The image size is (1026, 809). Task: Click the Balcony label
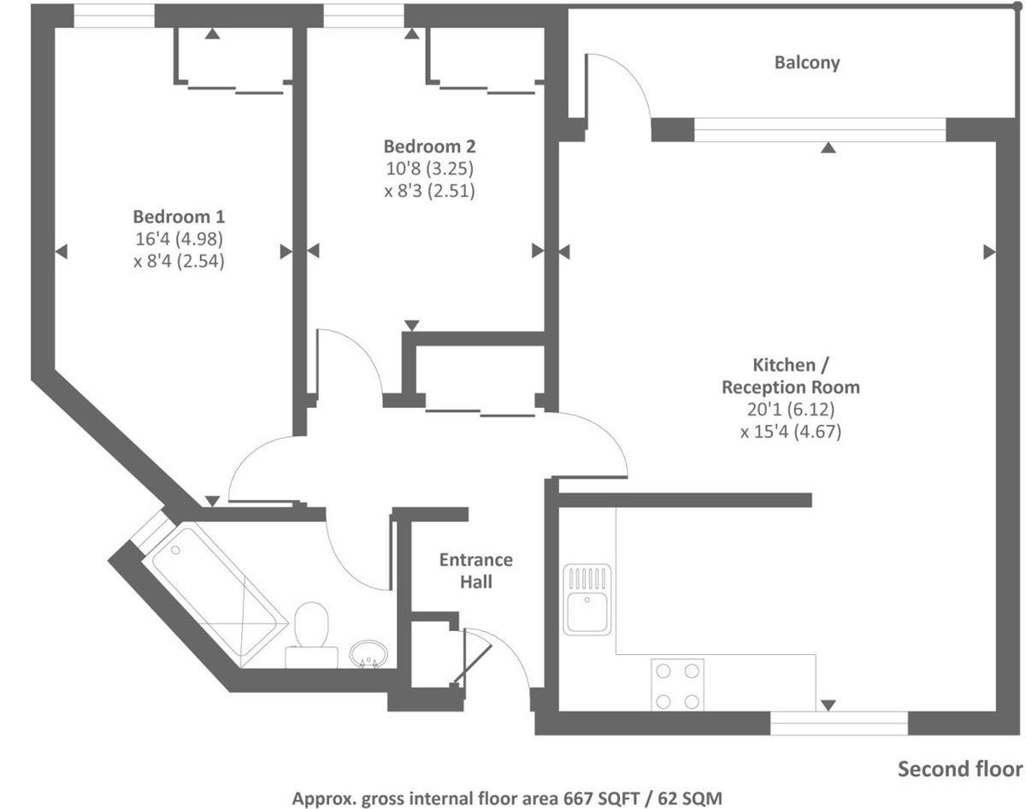806,62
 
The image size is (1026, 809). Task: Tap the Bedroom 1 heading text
179,216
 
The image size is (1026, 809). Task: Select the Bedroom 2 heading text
429,146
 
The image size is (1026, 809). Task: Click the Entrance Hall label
476,570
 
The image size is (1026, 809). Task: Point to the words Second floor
960,769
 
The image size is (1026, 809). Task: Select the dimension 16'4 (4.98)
180,239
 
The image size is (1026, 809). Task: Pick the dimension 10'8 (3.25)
429,168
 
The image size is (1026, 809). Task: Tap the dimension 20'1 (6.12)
791,410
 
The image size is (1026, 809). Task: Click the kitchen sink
587,599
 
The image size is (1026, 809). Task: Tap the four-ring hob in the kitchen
677,685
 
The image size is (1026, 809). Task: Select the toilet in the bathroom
311,635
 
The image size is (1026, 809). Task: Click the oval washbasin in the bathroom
369,654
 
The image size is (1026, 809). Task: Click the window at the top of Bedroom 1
114,15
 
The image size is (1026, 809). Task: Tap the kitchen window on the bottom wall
839,723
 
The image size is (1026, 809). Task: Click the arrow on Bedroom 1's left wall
62,251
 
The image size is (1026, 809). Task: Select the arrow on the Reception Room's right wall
989,251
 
